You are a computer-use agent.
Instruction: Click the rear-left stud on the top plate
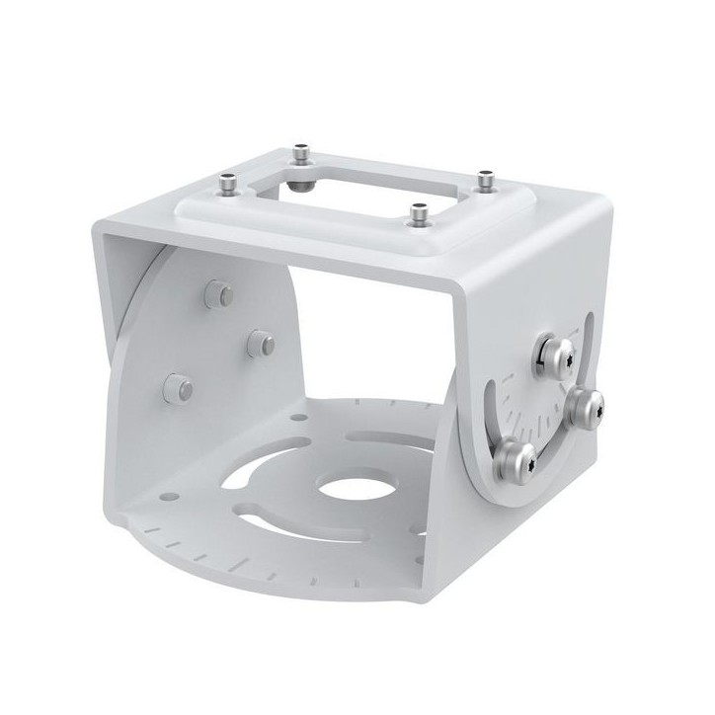coord(300,155)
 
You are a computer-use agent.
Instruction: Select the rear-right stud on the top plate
coord(484,180)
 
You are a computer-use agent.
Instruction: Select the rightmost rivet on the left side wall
coord(260,342)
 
